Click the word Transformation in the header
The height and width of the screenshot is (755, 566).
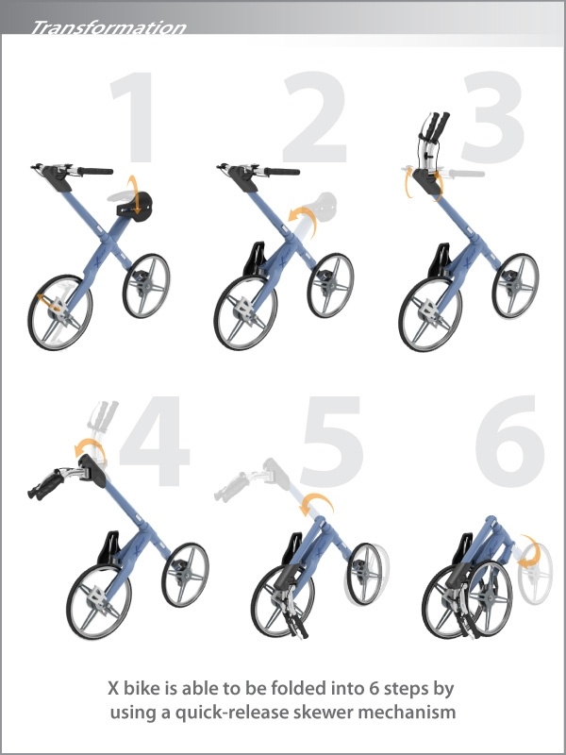(108, 28)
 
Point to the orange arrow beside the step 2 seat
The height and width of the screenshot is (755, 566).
(300, 219)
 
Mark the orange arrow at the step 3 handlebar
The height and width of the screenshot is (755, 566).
(408, 181)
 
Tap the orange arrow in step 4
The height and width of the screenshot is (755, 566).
(94, 448)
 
